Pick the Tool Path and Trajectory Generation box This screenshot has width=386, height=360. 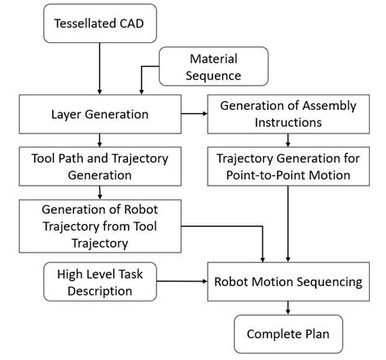(x=99, y=166)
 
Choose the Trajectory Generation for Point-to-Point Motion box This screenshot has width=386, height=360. (x=287, y=166)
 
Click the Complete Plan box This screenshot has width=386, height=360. (x=287, y=333)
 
